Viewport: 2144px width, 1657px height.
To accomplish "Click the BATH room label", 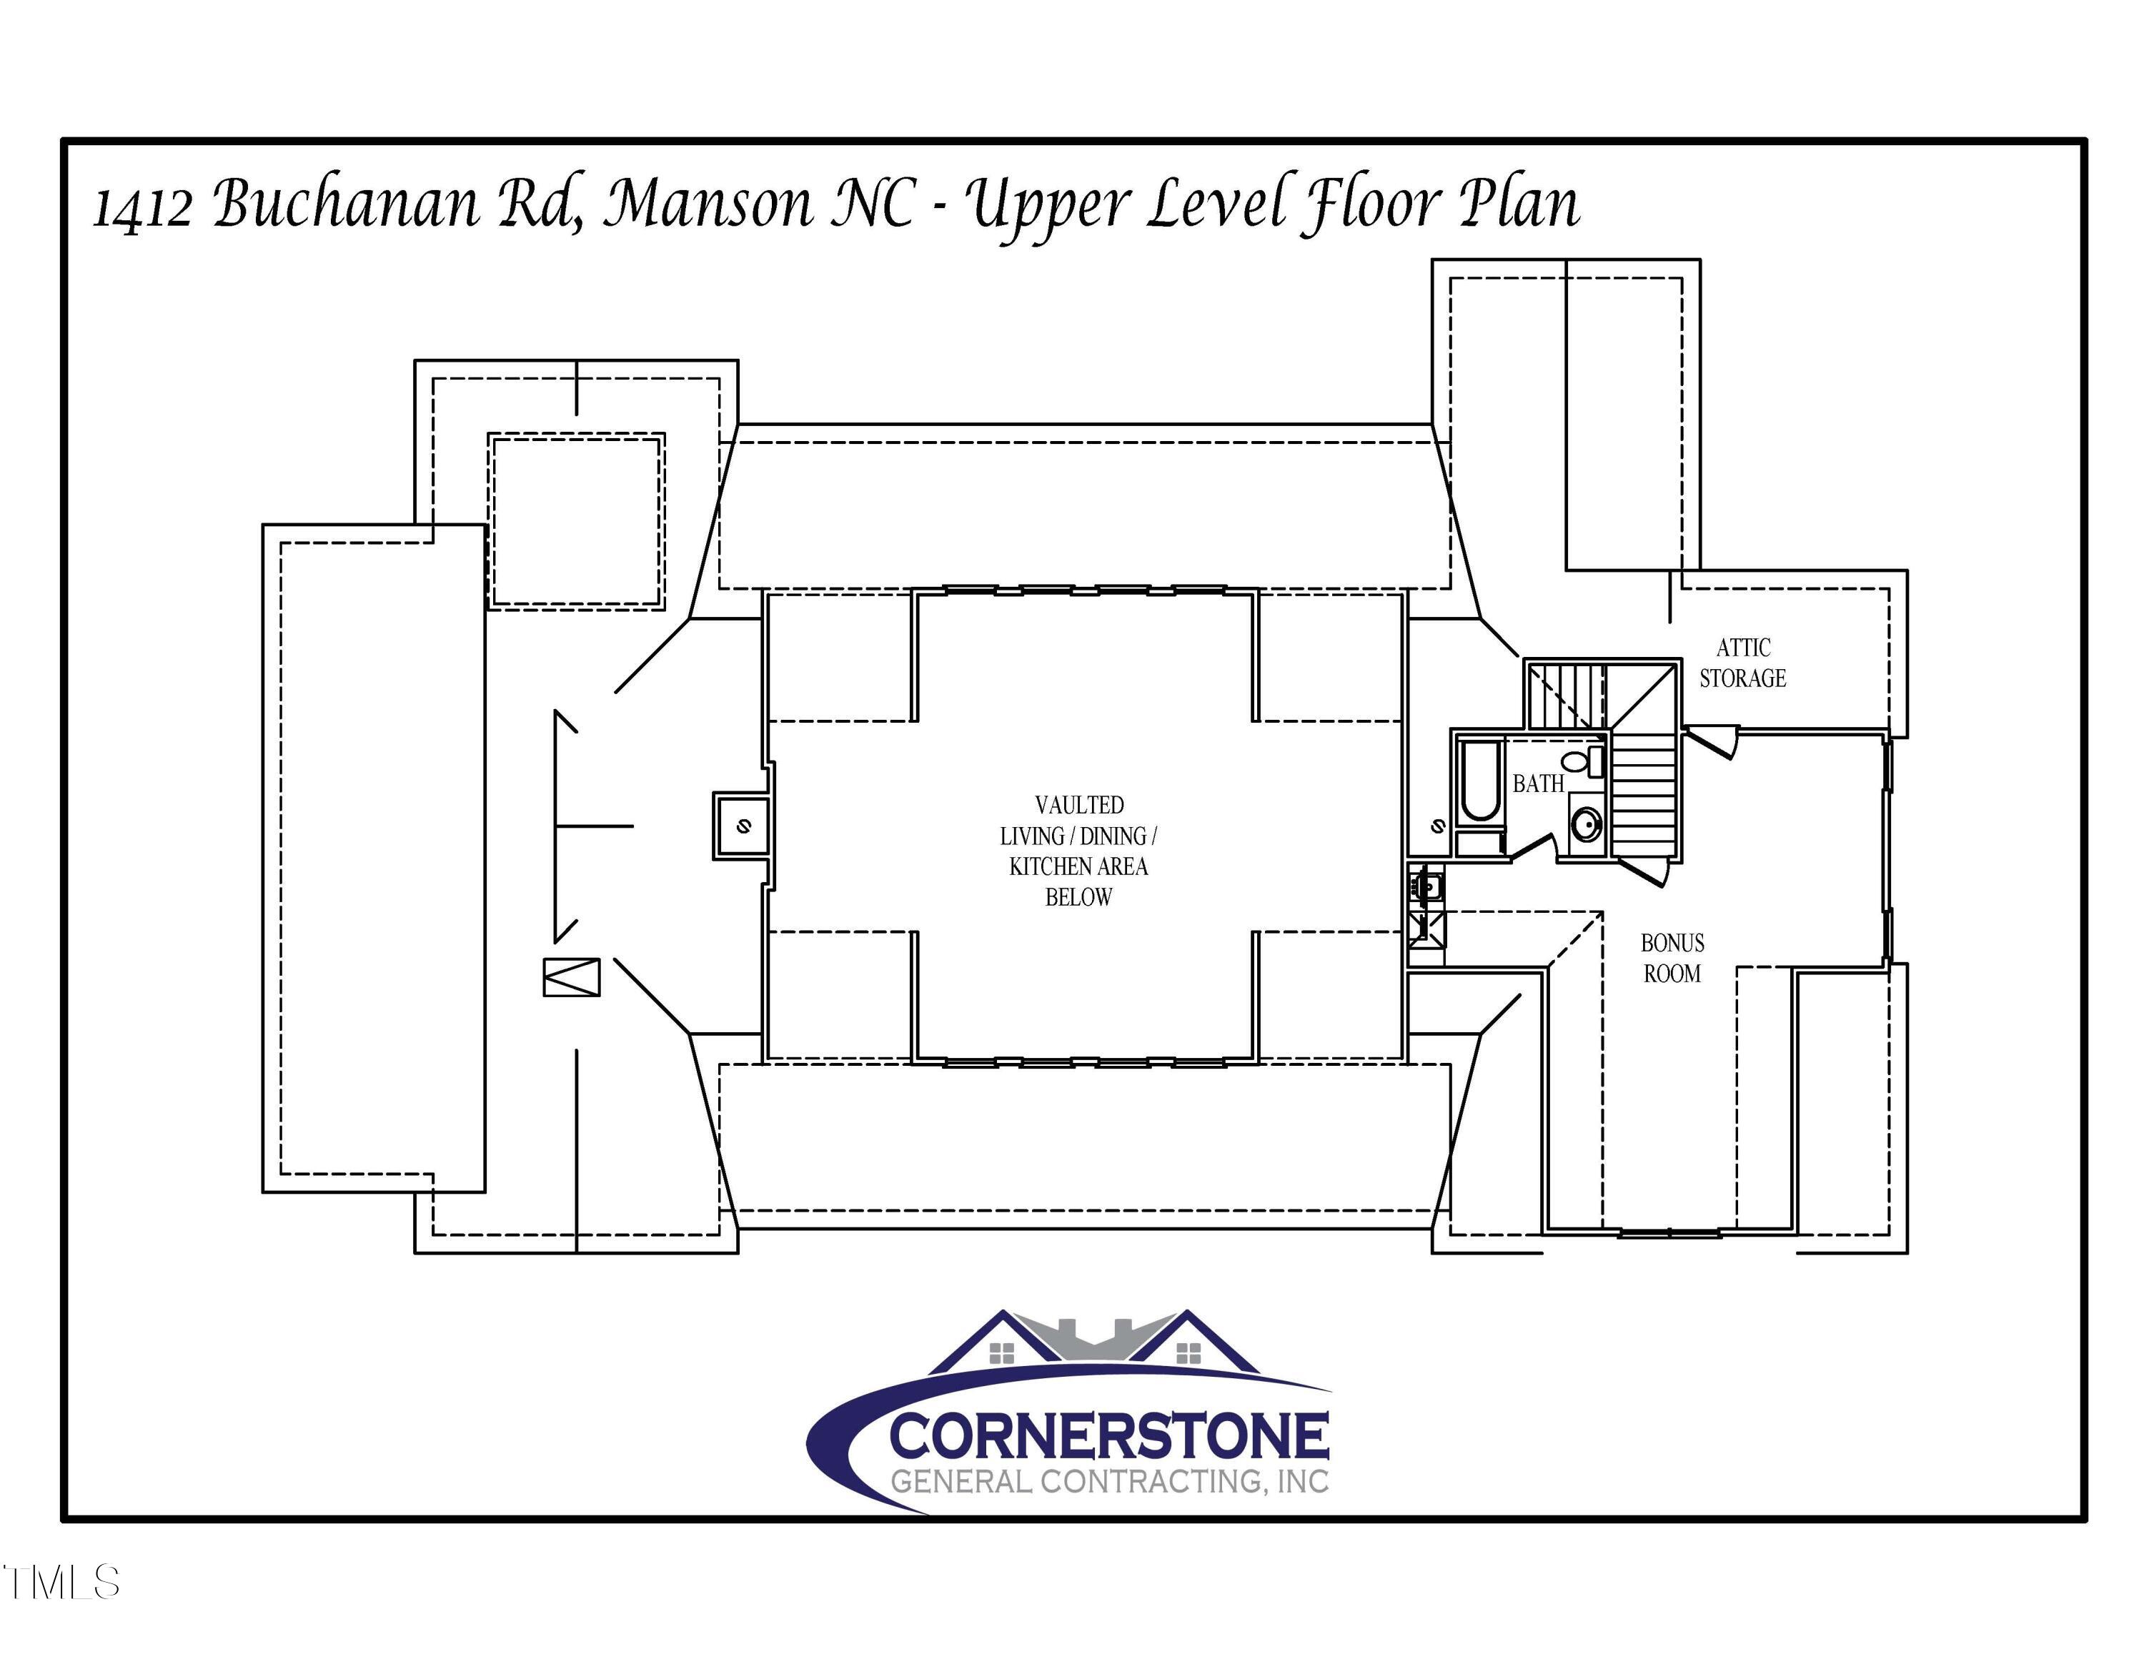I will [1537, 783].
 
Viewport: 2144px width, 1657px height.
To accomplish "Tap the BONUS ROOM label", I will [1672, 958].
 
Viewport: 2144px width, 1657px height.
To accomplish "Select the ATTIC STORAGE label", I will [1742, 663].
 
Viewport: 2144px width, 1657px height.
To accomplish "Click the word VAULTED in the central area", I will [1079, 805].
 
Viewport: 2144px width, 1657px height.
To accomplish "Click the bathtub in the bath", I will [1479, 781].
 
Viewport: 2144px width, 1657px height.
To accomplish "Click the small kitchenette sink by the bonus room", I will [1426, 886].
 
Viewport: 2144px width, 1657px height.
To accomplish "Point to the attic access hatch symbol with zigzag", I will [571, 976].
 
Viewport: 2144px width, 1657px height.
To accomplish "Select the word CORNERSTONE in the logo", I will [1109, 1438].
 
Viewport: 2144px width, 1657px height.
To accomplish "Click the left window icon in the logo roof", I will [1001, 1355].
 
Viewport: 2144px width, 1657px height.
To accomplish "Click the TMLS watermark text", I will [61, 1583].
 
